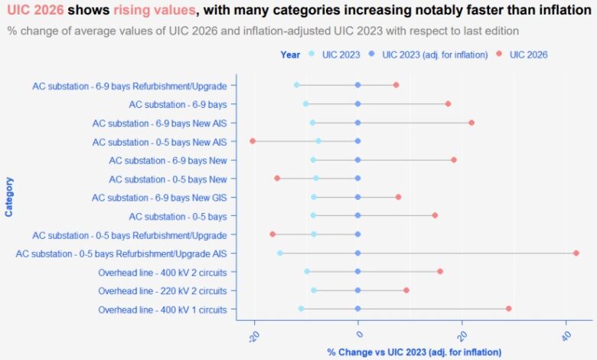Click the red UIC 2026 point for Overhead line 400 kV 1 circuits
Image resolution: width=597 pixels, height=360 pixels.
pyautogui.click(x=508, y=309)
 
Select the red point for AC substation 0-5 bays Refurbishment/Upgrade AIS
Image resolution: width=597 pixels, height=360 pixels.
pyautogui.click(x=576, y=253)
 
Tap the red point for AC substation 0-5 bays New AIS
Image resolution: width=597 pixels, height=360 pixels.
pyautogui.click(x=253, y=141)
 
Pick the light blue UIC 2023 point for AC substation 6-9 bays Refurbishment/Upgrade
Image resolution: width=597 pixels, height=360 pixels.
pyautogui.click(x=296, y=85)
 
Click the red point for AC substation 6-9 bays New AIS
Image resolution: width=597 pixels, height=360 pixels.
pyautogui.click(x=471, y=123)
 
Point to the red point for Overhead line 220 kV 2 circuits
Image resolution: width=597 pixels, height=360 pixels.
pyautogui.click(x=406, y=290)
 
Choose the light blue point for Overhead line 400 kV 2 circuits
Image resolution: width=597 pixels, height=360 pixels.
pyautogui.click(x=307, y=271)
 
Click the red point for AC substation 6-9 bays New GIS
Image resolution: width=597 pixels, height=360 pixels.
pyautogui.click(x=398, y=197)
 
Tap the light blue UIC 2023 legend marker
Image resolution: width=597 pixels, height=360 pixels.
pyautogui.click(x=311, y=54)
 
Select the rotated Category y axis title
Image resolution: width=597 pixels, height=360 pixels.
pyautogui.click(x=9, y=197)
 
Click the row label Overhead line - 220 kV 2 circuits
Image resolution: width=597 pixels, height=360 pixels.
pyautogui.click(x=162, y=290)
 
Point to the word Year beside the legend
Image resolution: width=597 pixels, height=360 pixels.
pyautogui.click(x=290, y=54)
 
